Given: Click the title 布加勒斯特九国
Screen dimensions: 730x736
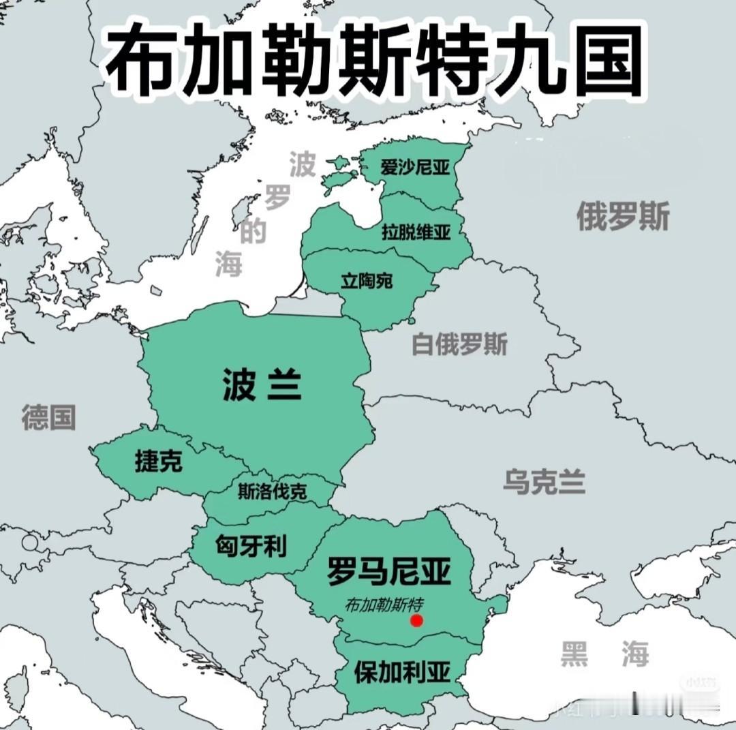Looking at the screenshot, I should pos(374,62).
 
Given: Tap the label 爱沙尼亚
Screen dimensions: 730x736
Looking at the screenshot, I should pos(415,167).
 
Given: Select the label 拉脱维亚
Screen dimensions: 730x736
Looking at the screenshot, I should pos(416,232).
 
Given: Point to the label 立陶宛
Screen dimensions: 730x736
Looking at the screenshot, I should pos(367,280).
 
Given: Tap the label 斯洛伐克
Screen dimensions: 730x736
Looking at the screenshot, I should pos(272,491).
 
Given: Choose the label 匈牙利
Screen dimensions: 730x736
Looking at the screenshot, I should pos(251,546).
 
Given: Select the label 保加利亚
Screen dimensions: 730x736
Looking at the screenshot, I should pos(402,673).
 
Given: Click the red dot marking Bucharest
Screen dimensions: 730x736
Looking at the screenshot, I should pos(417,620).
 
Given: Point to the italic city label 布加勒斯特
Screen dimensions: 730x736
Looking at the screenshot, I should pos(385,604).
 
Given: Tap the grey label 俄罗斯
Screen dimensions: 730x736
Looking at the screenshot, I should pos(623,217).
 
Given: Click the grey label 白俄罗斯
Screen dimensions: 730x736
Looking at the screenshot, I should pos(459,345).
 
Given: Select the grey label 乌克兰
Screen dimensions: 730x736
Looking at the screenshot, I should pos(545,482).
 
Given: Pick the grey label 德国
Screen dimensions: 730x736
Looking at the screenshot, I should pos(48,416).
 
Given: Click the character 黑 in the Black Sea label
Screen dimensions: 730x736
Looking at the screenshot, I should pos(574,654).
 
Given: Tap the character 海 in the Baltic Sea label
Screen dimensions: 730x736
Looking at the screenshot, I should pos(229,263).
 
